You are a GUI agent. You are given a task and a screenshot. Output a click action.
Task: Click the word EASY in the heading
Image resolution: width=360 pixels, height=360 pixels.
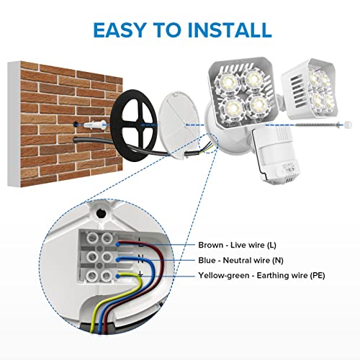[x=120, y=30]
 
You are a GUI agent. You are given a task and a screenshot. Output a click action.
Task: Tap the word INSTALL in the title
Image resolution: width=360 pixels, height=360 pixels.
[x=230, y=30]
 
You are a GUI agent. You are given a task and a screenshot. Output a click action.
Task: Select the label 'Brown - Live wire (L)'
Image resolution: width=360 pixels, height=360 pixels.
[x=237, y=245]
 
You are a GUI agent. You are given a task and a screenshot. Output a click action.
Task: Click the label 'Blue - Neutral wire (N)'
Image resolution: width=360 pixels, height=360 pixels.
[x=240, y=260]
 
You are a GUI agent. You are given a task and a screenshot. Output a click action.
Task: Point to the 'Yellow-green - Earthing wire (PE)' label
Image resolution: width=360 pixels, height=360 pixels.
[x=261, y=275]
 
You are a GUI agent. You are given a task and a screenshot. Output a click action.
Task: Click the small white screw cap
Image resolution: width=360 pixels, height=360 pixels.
[x=348, y=125]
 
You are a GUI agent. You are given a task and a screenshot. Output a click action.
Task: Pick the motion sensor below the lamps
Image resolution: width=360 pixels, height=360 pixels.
[x=276, y=155]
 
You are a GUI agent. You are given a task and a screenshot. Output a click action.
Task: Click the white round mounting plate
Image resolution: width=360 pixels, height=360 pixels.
[x=179, y=125]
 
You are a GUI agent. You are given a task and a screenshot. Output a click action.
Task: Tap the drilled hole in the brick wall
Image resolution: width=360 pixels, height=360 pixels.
[x=76, y=125]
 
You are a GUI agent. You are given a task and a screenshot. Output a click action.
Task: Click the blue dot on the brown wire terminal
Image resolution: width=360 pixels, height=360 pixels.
[x=117, y=245]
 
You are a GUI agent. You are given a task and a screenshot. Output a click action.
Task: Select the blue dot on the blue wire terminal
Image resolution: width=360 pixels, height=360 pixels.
[x=117, y=259]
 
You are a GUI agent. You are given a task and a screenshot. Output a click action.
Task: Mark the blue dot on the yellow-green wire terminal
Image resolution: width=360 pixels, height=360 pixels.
[x=117, y=276]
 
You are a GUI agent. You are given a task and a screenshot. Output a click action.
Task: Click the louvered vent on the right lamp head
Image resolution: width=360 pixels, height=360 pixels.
[x=296, y=86]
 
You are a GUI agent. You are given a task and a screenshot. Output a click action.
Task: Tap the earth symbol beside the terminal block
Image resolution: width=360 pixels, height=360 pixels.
[x=140, y=274]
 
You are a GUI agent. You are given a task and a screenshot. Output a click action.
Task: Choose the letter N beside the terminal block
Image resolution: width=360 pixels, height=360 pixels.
[x=140, y=259]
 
